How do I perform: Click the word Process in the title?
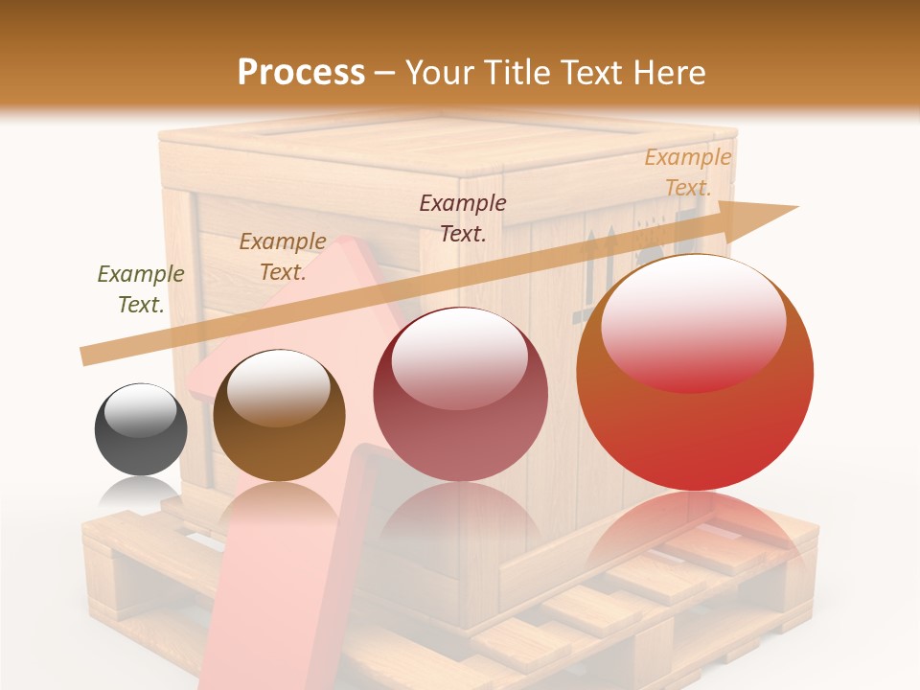pyautogui.click(x=301, y=72)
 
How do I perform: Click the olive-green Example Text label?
pyautogui.click(x=141, y=288)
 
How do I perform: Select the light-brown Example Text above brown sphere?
pyautogui.click(x=282, y=256)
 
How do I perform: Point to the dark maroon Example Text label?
pyautogui.click(x=463, y=218)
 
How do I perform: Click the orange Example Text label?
pyautogui.click(x=687, y=172)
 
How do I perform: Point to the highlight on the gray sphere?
pyautogui.click(x=140, y=410)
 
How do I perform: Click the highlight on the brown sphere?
pyautogui.click(x=278, y=387)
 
